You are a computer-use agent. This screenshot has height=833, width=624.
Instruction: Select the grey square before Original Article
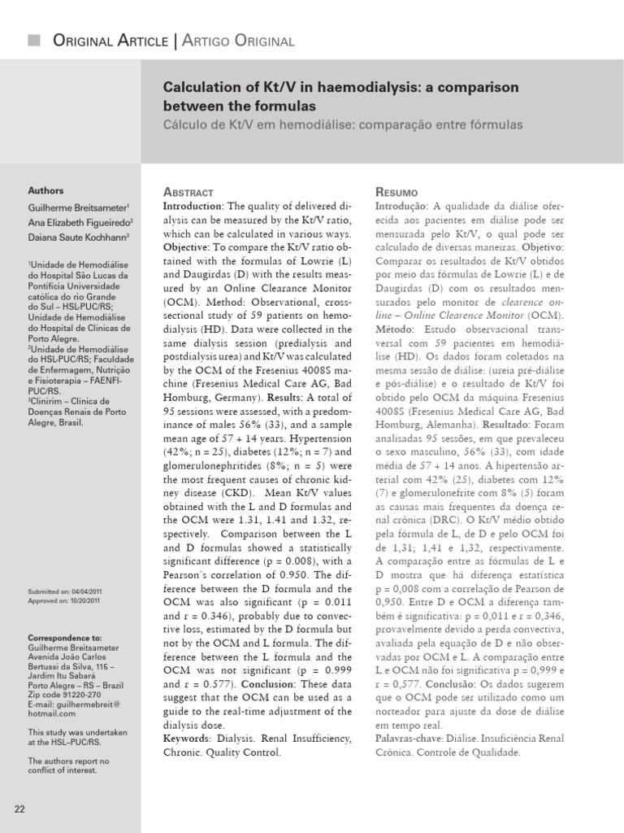point(33,41)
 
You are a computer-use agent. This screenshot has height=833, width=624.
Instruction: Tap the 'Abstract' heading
point(188,192)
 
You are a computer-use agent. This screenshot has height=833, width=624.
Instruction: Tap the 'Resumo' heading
point(396,192)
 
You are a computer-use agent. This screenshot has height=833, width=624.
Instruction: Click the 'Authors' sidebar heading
point(46,191)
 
